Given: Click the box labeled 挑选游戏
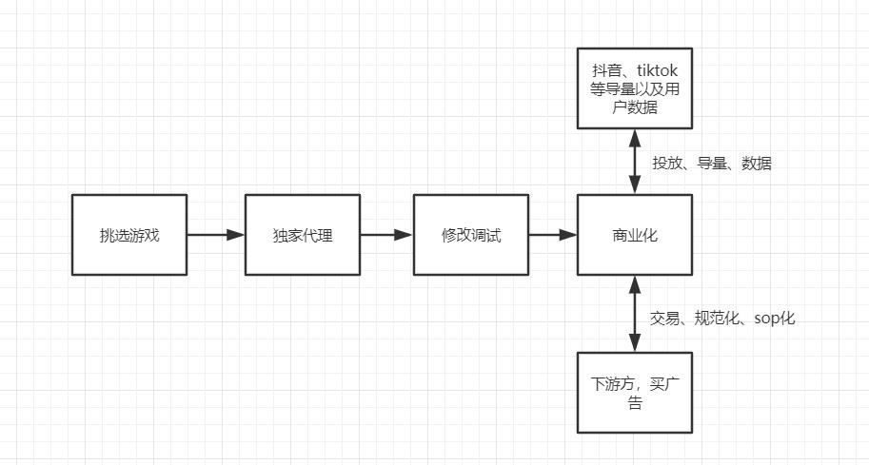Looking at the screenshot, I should point(129,235).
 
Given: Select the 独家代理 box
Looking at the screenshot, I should point(303,235).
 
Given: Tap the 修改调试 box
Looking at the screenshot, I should point(471,235).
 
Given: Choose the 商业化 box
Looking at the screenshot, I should point(635,235).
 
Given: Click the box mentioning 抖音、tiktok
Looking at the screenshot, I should point(635,88).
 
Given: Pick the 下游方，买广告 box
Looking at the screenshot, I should point(635,393).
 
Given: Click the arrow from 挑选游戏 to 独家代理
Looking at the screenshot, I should point(215,235).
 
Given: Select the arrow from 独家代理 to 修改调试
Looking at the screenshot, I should point(386,235).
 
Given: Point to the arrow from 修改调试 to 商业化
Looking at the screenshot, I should point(553,235).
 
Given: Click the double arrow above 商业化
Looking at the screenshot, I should point(635,162).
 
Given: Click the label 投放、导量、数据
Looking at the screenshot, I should point(711,164).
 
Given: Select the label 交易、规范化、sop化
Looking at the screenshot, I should point(722,319).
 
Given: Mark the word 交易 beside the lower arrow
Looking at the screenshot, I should point(664,319).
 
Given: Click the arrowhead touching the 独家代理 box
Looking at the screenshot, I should point(236,235).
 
